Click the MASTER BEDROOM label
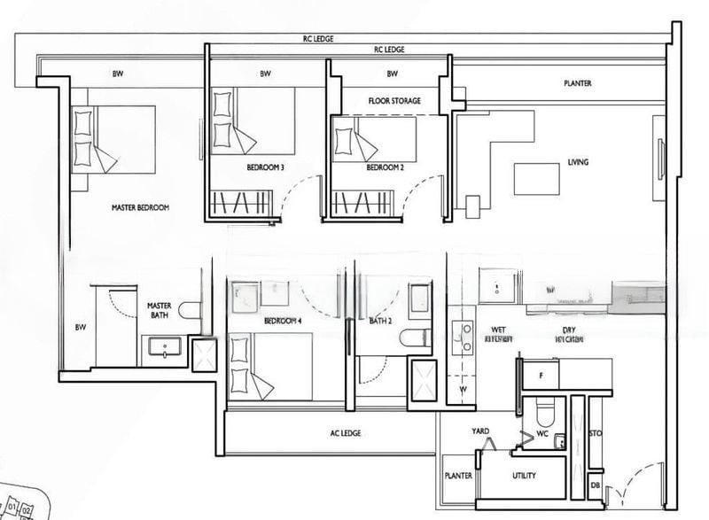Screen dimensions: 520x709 click(x=140, y=208)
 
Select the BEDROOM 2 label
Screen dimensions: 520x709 click(x=386, y=167)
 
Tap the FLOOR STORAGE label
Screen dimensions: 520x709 click(x=394, y=101)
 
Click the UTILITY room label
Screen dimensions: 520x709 click(x=524, y=476)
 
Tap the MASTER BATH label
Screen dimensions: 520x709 click(x=159, y=310)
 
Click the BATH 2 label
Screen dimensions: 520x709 click(x=381, y=320)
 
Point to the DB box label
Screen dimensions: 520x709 click(x=595, y=485)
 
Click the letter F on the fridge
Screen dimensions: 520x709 click(x=541, y=376)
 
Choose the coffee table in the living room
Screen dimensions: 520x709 click(x=537, y=178)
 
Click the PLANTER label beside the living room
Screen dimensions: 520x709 click(x=578, y=84)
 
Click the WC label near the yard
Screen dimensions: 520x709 click(x=543, y=435)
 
